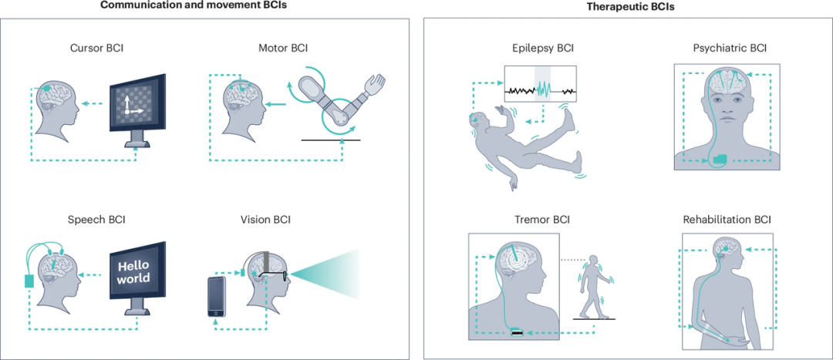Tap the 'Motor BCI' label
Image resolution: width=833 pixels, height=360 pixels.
pyautogui.click(x=283, y=49)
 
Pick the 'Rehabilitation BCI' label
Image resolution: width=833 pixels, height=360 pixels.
pyautogui.click(x=727, y=219)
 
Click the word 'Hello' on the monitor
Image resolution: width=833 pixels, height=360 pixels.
pyautogui.click(x=133, y=265)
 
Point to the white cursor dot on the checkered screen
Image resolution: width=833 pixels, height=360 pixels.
pyautogui.click(x=127, y=112)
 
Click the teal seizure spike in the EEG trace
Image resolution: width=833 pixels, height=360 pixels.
pyautogui.click(x=542, y=88)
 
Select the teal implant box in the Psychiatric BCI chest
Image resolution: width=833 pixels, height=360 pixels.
pyautogui.click(x=721, y=158)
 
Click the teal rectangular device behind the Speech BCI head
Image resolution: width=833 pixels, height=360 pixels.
pyautogui.click(x=29, y=281)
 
